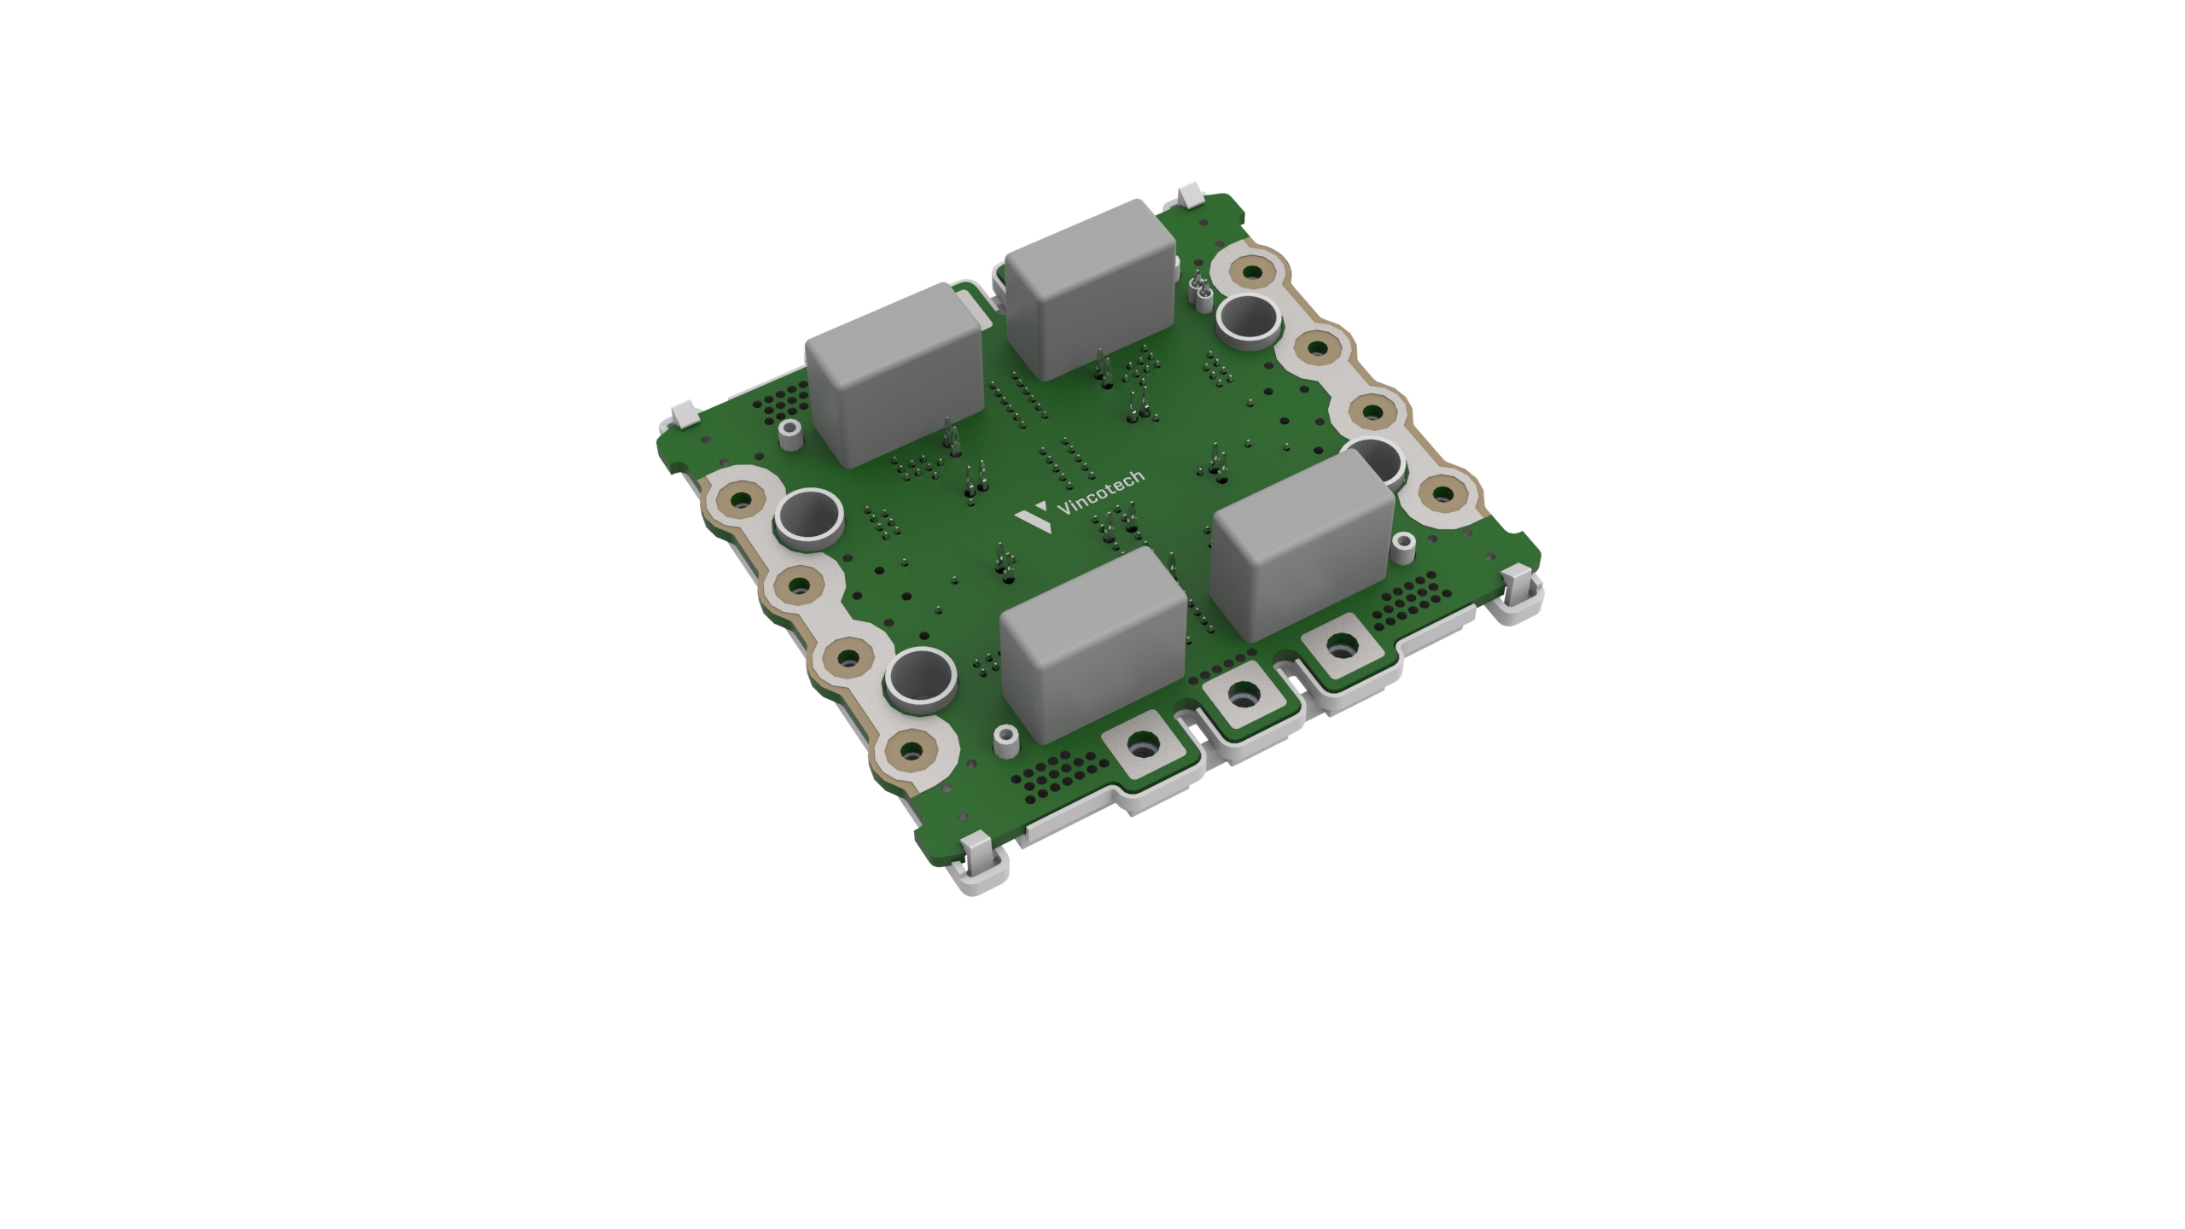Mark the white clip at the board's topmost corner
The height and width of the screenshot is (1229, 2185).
tap(1192, 198)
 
